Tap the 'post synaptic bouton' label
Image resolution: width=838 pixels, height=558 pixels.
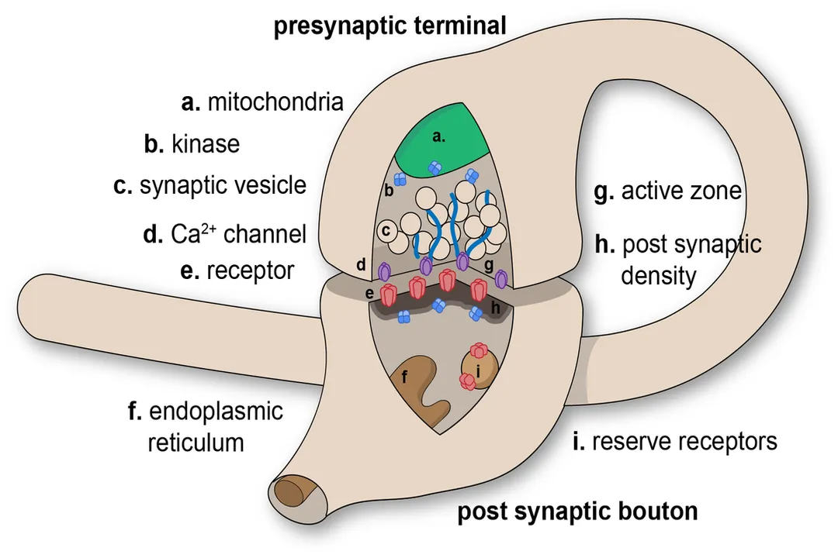tap(577, 512)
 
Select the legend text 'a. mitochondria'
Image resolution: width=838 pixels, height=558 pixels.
tap(261, 102)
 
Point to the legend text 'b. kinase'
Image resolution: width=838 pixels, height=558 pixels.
tap(192, 144)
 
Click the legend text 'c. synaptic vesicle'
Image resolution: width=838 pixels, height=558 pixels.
tap(209, 187)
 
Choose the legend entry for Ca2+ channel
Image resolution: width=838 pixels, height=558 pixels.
tap(226, 232)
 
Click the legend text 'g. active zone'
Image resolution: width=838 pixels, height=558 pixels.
tap(668, 191)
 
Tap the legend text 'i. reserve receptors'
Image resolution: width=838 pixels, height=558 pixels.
tap(673, 441)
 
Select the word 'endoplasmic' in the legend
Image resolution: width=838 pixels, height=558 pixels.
tap(206, 410)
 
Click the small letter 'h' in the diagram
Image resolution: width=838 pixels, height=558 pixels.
tap(496, 308)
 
